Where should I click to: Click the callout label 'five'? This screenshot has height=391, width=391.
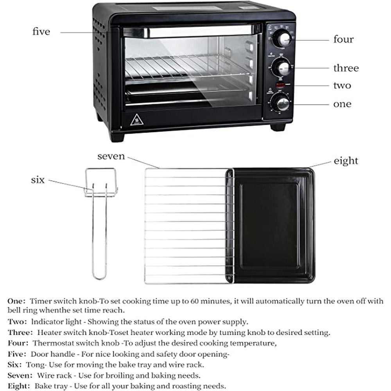click(41, 32)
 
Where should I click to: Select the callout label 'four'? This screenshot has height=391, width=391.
click(343, 39)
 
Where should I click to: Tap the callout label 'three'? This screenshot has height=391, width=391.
click(346, 68)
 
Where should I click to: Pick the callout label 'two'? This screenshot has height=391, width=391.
click(342, 86)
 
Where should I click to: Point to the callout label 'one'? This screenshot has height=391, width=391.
click(342, 104)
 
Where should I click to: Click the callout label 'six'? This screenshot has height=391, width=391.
click(38, 180)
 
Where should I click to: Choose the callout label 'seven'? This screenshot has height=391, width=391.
click(111, 157)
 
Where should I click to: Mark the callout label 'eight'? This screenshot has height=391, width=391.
click(346, 161)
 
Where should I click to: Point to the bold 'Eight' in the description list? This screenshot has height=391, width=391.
click(18, 386)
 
